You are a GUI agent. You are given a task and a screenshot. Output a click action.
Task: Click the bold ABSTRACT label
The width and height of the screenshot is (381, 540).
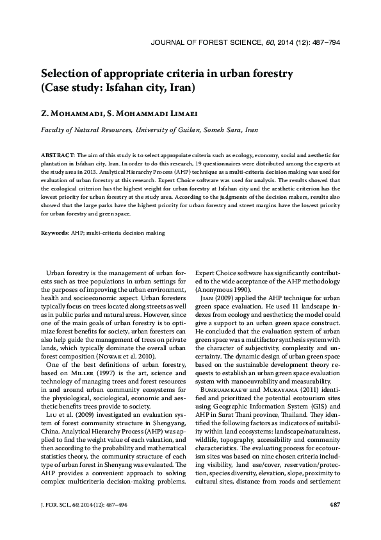pyautogui.click(x=58, y=156)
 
